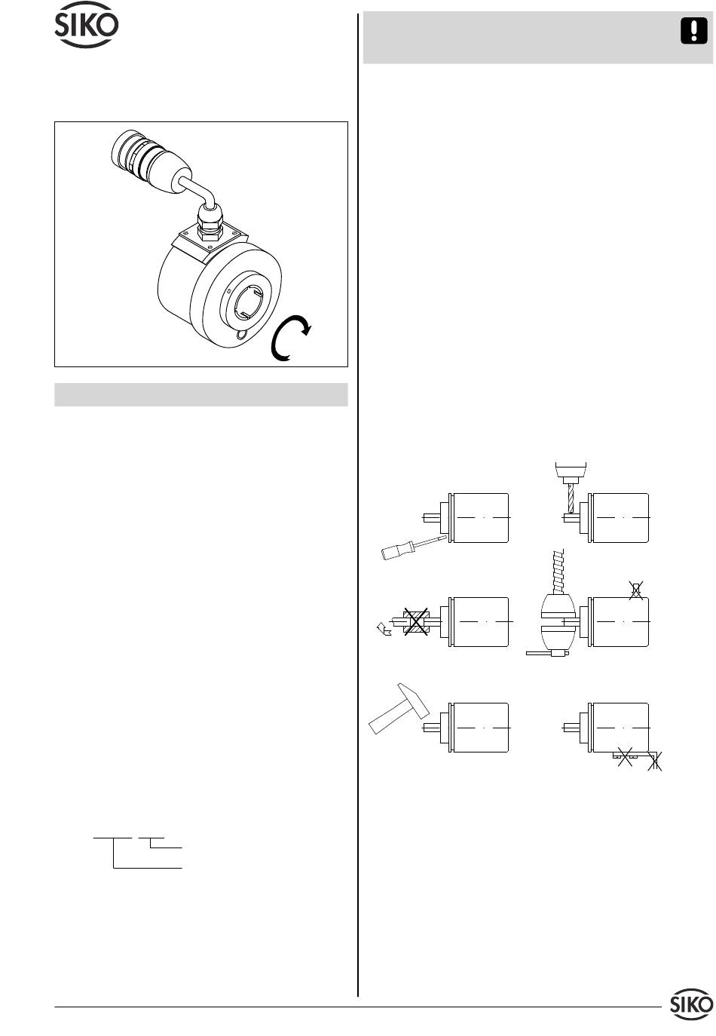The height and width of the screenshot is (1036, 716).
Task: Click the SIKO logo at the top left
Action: (87, 25)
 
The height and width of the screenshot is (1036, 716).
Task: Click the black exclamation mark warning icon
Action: (694, 31)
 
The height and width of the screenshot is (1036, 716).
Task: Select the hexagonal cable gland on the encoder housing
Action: (210, 223)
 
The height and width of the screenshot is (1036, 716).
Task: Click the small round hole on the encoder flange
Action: (241, 336)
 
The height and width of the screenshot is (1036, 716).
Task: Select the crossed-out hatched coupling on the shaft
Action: (416, 621)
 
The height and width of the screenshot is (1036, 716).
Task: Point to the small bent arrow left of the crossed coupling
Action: (384, 629)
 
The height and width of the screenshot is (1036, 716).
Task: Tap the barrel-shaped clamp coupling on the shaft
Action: (558, 621)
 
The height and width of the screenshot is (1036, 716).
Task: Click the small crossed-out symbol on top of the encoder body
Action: (637, 590)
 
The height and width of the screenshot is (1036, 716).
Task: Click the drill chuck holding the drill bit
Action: (571, 472)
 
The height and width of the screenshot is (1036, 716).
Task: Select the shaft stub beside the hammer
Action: (432, 728)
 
